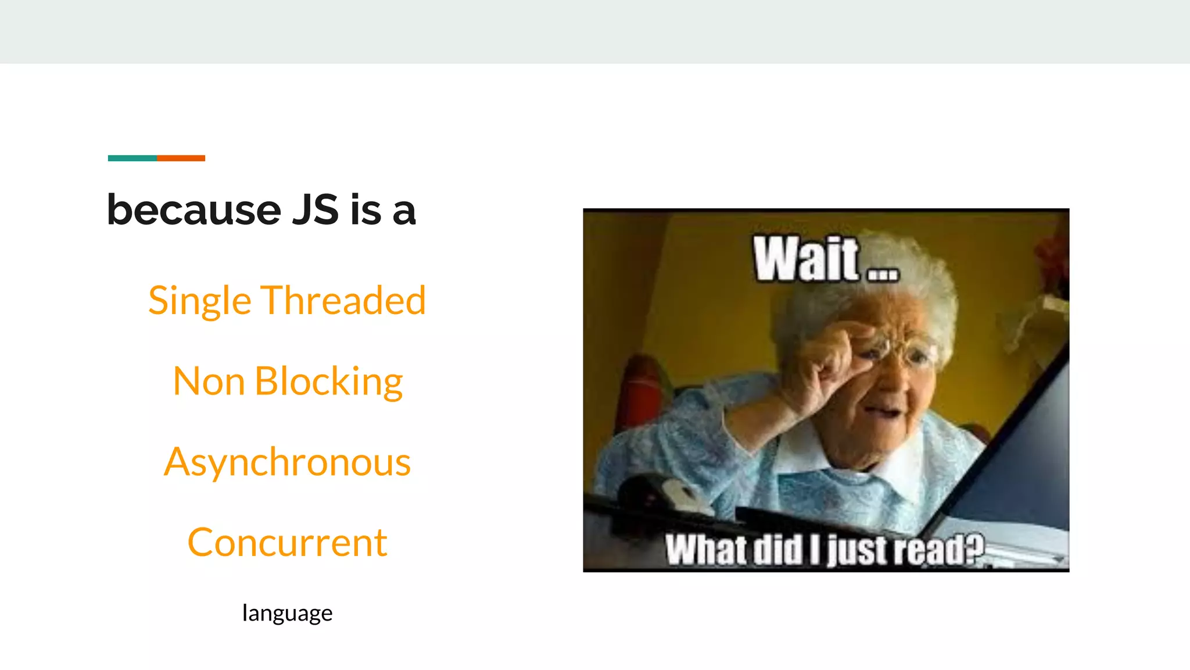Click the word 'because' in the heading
(194, 211)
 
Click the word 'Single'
(199, 301)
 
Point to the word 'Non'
(208, 382)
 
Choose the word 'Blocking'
(328, 382)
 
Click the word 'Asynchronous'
(287, 463)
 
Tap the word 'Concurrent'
(287, 543)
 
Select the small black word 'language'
(287, 613)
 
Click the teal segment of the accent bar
(132, 158)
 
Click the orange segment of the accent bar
(181, 158)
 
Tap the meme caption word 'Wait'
(805, 259)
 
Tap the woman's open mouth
(884, 412)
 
